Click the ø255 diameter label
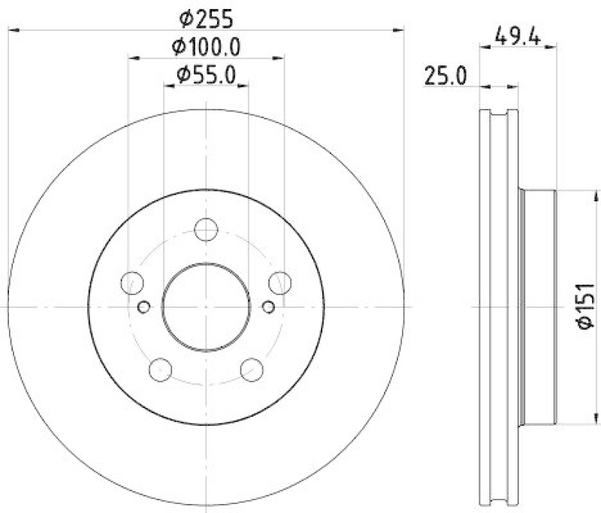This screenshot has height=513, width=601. (x=206, y=16)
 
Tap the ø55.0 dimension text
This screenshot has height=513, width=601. (x=206, y=75)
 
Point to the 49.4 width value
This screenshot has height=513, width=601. (x=518, y=34)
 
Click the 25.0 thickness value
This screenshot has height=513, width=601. (x=443, y=75)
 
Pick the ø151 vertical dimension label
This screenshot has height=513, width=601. (x=587, y=306)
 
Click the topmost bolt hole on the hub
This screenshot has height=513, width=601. (x=206, y=230)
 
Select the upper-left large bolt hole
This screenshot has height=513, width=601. (x=133, y=282)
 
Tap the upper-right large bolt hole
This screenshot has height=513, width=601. (x=279, y=282)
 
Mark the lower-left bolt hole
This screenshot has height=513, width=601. (x=161, y=369)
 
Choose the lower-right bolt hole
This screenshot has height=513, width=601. (x=252, y=369)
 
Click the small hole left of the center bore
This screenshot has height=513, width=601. (x=144, y=306)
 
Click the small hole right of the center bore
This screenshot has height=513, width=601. (x=268, y=306)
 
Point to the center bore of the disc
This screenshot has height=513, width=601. (x=206, y=306)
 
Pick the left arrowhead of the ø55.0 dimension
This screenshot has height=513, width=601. (x=168, y=86)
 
